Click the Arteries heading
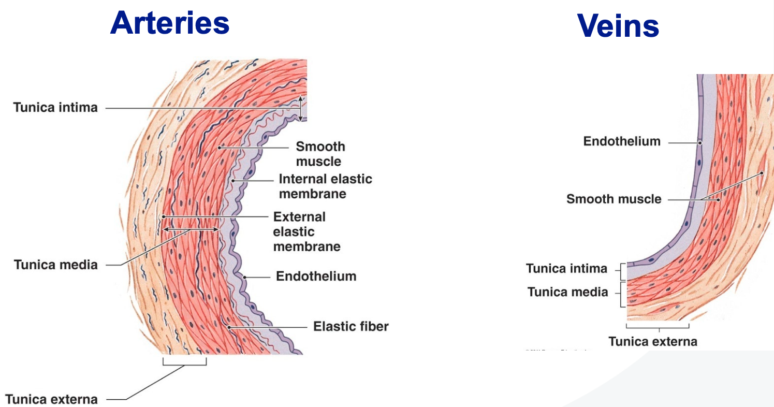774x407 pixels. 170,23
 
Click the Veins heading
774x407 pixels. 618,26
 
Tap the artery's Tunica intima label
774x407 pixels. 55,108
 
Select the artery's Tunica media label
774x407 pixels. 55,265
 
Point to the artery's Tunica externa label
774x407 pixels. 51,399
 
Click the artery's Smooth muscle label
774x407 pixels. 320,154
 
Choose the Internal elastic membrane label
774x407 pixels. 326,186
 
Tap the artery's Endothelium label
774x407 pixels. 316,277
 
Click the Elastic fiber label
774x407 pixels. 351,327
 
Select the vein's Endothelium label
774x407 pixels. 622,141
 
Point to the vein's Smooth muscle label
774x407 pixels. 614,199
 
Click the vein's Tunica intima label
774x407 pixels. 567,268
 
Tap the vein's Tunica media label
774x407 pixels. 568,292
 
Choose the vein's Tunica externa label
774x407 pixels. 653,342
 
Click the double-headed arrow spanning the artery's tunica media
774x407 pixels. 191,229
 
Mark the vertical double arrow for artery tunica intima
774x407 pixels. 300,109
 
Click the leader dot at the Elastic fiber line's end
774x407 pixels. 229,327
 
